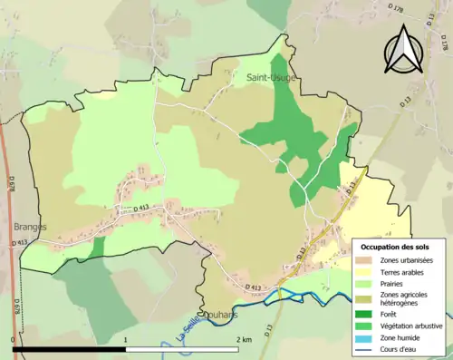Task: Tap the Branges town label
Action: click(x=30, y=227)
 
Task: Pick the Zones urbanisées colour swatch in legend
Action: click(x=369, y=258)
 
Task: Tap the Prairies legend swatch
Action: click(x=369, y=282)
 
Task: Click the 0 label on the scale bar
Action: click(x=13, y=338)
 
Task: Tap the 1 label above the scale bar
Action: click(x=125, y=338)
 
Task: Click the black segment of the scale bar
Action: click(x=69, y=348)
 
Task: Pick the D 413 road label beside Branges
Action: click(x=20, y=243)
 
